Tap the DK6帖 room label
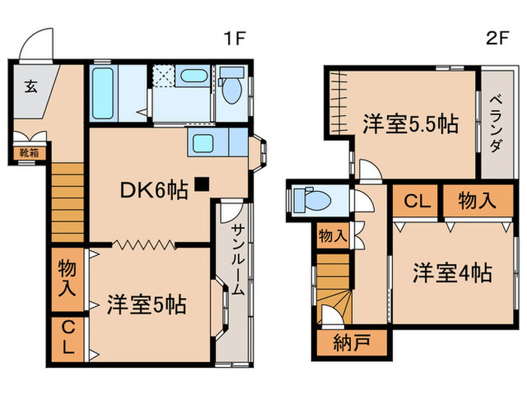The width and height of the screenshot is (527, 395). pyautogui.click(x=154, y=191)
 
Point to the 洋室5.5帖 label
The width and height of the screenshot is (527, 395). pyautogui.click(x=411, y=123)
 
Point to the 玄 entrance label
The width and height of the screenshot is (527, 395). pyautogui.click(x=29, y=85)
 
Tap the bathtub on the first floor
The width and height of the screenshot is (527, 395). pyautogui.click(x=104, y=93)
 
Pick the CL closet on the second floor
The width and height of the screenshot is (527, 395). pyautogui.click(x=414, y=201)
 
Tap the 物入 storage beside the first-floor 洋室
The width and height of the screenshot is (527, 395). pyautogui.click(x=68, y=278)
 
